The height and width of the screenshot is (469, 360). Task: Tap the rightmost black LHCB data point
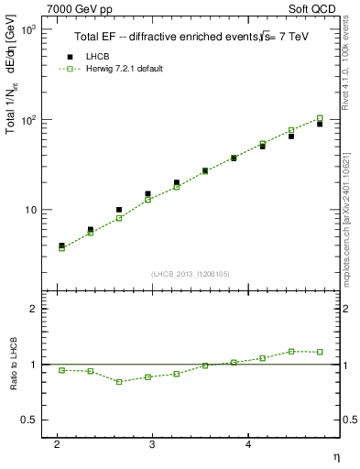pyautogui.click(x=320, y=124)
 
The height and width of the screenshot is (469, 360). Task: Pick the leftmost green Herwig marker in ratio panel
pyautogui.click(x=61, y=370)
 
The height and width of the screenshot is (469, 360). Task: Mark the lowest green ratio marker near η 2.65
pyautogui.click(x=119, y=381)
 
